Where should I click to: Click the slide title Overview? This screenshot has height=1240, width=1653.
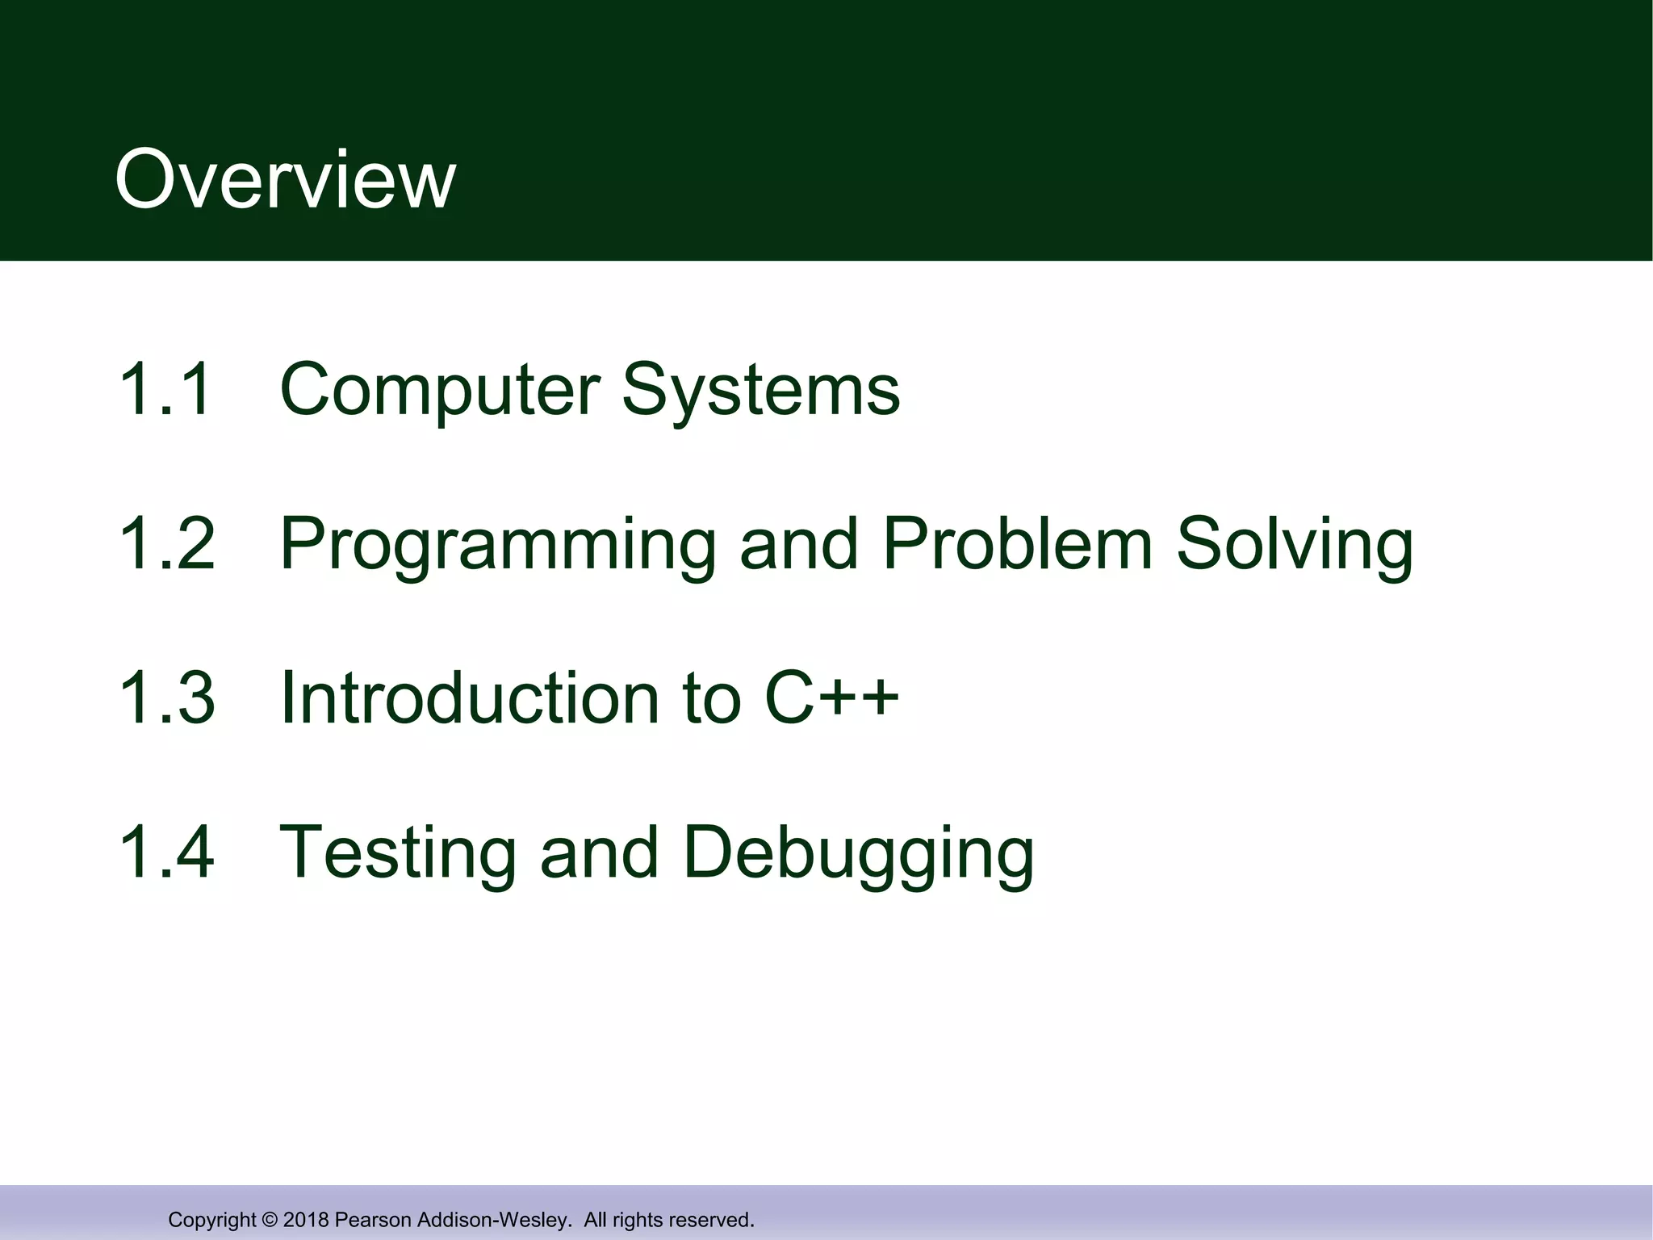(285, 180)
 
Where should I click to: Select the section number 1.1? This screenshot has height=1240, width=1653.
(165, 389)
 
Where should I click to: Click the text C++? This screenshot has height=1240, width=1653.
(831, 698)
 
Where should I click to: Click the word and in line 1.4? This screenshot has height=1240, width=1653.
(599, 852)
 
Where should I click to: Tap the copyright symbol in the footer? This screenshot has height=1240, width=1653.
(270, 1220)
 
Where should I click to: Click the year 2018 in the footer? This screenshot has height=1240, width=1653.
(306, 1220)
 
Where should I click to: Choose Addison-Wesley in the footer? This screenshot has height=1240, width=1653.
(493, 1220)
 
